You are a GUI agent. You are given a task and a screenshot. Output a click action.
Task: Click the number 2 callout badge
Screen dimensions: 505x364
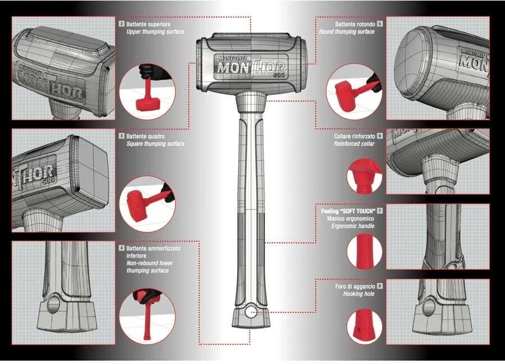pyautogui.click(x=121, y=24)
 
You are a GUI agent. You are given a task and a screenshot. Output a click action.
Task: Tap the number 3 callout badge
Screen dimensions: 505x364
pyautogui.click(x=121, y=136)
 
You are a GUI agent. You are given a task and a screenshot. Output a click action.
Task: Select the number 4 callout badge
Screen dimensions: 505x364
pyautogui.click(x=121, y=248)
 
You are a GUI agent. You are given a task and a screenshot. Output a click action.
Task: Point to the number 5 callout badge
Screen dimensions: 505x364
pyautogui.click(x=380, y=24)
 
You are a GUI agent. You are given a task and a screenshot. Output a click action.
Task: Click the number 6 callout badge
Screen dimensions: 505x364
pyautogui.click(x=380, y=136)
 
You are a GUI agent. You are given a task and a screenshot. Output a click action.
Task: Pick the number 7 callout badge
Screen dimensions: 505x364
pyautogui.click(x=380, y=211)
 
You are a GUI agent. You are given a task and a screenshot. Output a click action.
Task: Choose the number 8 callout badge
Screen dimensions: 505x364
pyautogui.click(x=380, y=286)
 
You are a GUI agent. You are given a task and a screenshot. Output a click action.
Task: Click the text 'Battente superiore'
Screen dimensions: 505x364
pyautogui.click(x=148, y=24)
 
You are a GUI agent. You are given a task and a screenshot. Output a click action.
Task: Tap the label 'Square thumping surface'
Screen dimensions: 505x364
pyautogui.click(x=155, y=144)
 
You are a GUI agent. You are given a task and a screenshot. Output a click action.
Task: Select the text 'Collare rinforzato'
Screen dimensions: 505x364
pyautogui.click(x=355, y=136)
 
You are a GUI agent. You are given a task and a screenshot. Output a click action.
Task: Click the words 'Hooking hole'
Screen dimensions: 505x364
pyautogui.click(x=359, y=294)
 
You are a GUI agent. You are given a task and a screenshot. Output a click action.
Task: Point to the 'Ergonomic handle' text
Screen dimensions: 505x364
pyautogui.click(x=353, y=226)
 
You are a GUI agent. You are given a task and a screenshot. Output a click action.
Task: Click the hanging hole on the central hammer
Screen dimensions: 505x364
pyautogui.click(x=250, y=312)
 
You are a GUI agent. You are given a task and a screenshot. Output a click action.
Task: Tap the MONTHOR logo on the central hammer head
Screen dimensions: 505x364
pyautogui.click(x=251, y=66)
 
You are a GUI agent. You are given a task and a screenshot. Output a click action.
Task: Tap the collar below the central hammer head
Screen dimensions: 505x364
pyautogui.click(x=251, y=101)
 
